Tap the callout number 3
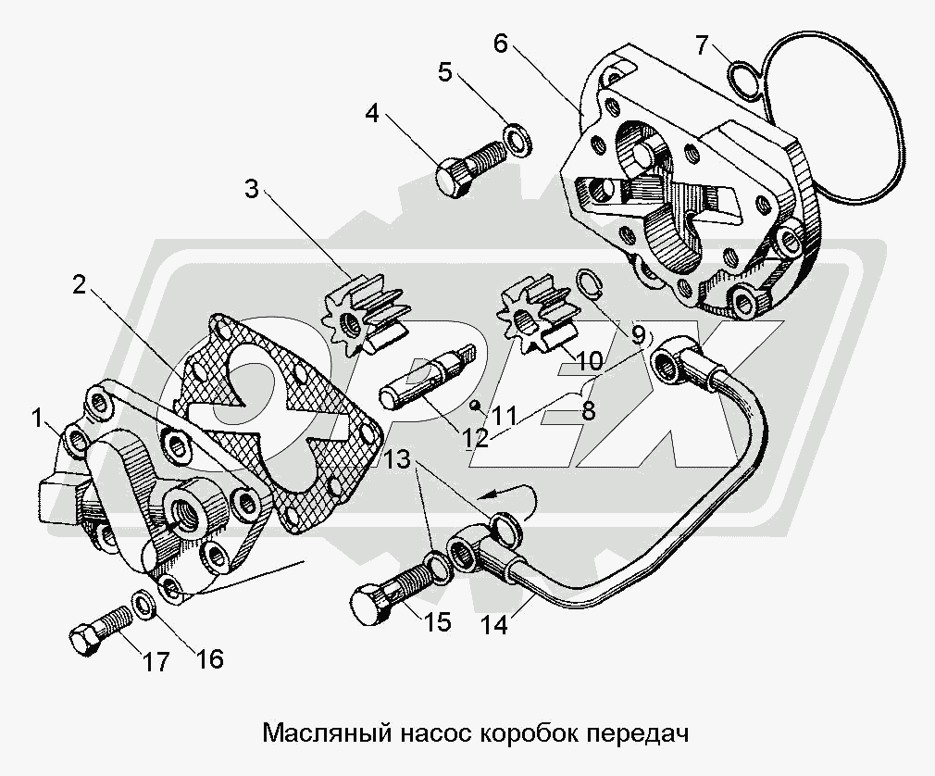252,191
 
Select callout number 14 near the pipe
494,625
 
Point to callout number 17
156,662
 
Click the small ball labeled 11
473,403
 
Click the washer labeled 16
146,604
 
